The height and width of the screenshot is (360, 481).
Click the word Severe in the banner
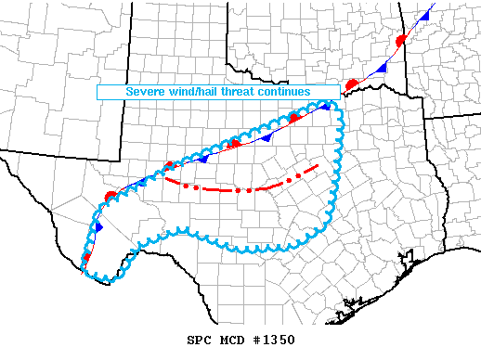[147, 92]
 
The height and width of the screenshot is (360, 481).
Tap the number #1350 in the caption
[272, 340]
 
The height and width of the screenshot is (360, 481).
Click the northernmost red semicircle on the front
[400, 41]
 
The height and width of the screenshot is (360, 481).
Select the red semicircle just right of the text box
[352, 84]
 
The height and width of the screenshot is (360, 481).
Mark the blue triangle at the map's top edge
[422, 18]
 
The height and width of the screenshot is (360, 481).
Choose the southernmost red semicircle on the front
[86, 257]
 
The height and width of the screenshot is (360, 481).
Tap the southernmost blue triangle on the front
[98, 226]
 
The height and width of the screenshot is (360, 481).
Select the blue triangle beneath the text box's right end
[326, 106]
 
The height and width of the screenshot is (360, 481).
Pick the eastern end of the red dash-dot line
[318, 165]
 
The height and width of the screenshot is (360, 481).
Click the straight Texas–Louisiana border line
[425, 148]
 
